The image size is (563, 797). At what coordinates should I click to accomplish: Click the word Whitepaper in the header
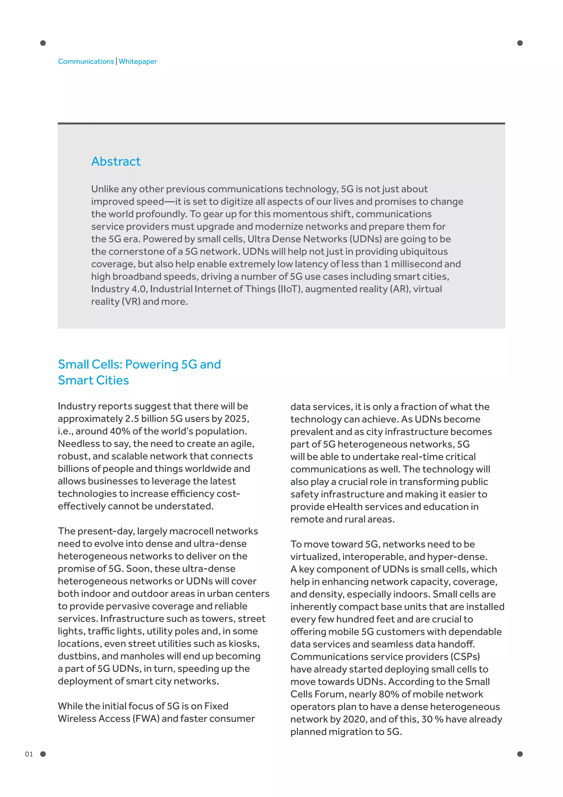[138, 61]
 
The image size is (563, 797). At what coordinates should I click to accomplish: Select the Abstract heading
[116, 162]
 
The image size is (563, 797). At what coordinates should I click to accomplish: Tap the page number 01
[29, 754]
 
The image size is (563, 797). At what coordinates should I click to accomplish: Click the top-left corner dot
[43, 43]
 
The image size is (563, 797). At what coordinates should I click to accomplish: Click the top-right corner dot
[520, 43]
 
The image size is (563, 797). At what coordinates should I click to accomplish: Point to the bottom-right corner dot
[520, 754]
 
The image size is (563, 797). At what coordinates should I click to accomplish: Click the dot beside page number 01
[43, 754]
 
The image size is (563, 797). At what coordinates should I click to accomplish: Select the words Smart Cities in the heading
[93, 380]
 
